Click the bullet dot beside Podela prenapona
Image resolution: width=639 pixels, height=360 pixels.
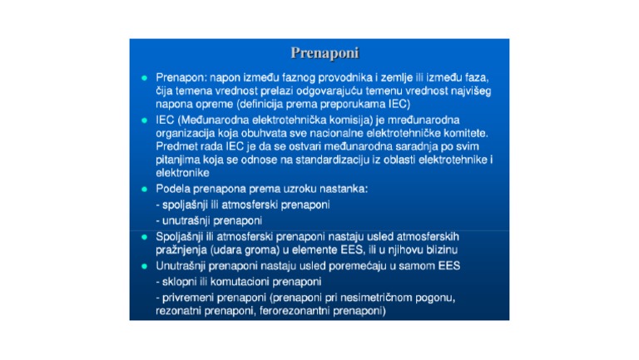tap(144, 189)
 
